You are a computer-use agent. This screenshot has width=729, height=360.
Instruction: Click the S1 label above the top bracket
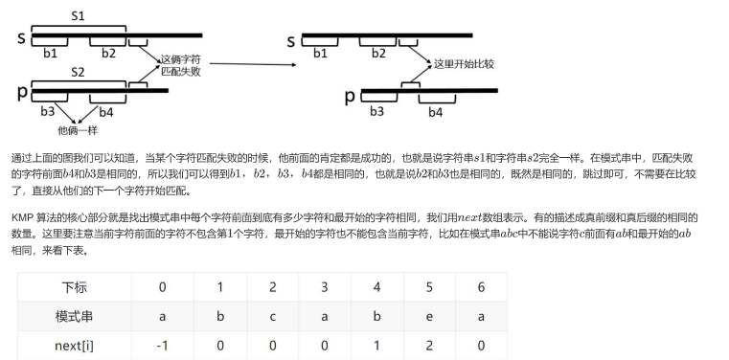pos(78,16)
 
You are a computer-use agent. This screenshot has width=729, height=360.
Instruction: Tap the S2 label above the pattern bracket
pos(78,72)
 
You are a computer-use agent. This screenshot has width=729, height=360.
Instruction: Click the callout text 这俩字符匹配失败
pos(181,66)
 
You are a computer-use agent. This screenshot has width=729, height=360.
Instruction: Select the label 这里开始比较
pos(464,64)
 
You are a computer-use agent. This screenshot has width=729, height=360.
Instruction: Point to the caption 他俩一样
pos(78,130)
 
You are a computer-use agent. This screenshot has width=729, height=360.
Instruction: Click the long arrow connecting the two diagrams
pos(253,64)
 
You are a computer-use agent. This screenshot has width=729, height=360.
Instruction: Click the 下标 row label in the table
pos(75,287)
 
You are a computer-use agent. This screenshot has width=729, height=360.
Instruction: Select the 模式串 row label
pos(75,317)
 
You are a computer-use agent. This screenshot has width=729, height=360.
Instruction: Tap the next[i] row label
pos(75,346)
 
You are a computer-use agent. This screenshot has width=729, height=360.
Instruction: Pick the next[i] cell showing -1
pos(162,346)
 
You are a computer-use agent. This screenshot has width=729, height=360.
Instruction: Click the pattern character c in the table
pos(272,317)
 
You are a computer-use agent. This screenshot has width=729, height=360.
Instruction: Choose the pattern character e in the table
pos(429,317)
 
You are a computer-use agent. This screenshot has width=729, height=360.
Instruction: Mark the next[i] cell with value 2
pos(429,346)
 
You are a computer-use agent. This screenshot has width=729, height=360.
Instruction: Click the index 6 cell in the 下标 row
pos(481,287)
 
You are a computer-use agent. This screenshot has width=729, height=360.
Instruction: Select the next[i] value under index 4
pos(377,346)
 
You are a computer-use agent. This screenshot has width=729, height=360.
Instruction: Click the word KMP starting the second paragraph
pos(20,218)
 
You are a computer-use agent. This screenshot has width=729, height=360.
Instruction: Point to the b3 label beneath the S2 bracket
pos(48,111)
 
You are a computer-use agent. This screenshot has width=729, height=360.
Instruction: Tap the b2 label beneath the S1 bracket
pos(108,54)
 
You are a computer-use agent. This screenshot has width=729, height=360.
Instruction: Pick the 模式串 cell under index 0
pos(162,317)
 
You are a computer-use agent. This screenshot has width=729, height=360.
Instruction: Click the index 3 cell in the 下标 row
pos(325,287)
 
